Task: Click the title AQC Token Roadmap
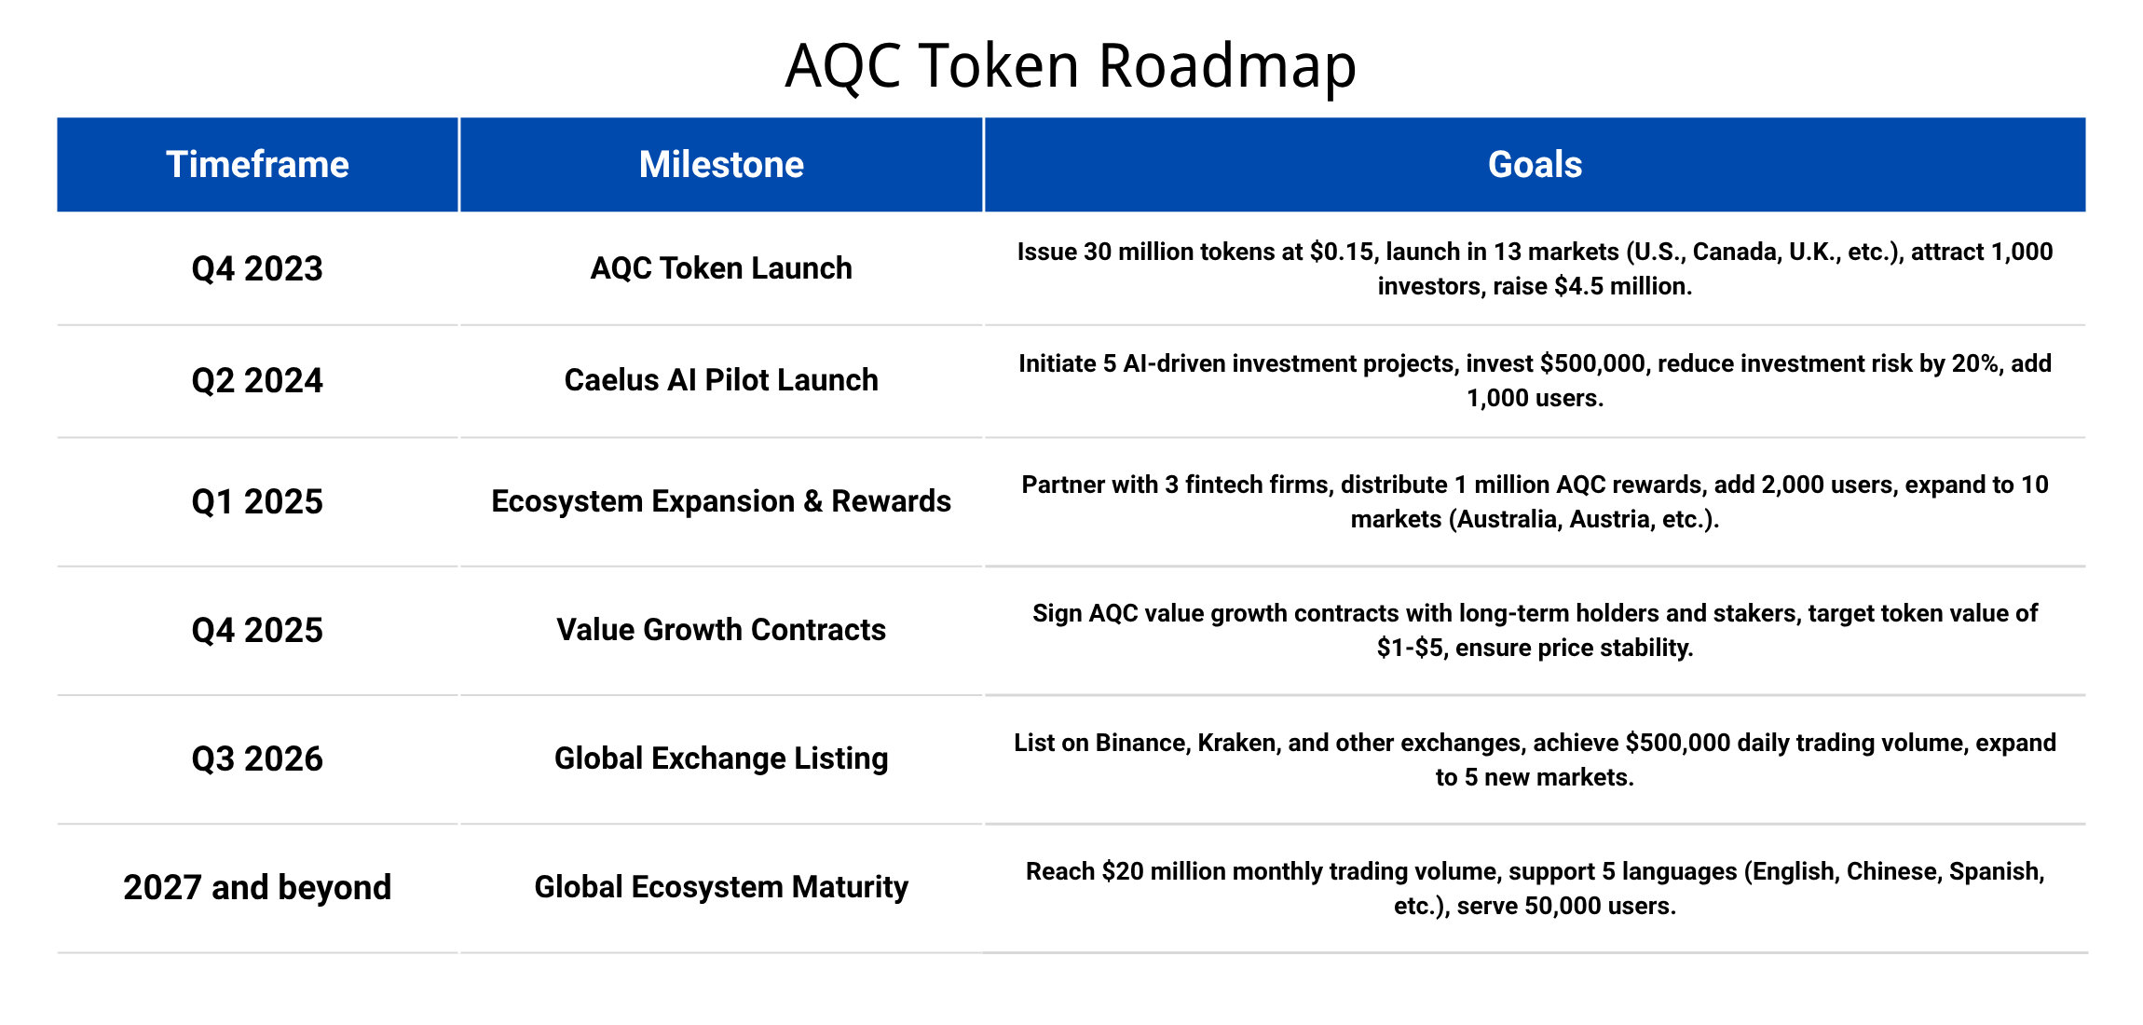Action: (x=1071, y=66)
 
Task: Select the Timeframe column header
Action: (x=257, y=165)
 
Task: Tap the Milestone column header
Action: (x=721, y=165)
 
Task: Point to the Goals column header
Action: (x=1535, y=165)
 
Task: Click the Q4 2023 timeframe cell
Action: (x=257, y=268)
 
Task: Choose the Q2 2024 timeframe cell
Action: (x=257, y=380)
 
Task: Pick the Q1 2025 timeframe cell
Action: (x=257, y=501)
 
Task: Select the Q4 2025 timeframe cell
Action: (x=257, y=630)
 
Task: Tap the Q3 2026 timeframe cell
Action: (x=257, y=758)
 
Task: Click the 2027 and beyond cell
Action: (x=257, y=887)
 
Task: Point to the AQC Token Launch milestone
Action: (x=721, y=268)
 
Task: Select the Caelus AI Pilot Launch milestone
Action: (x=721, y=380)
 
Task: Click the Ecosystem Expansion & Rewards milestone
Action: (x=721, y=501)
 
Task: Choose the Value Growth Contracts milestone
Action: (x=721, y=630)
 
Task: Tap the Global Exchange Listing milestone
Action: (x=721, y=758)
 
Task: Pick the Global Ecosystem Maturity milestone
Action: (x=721, y=887)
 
